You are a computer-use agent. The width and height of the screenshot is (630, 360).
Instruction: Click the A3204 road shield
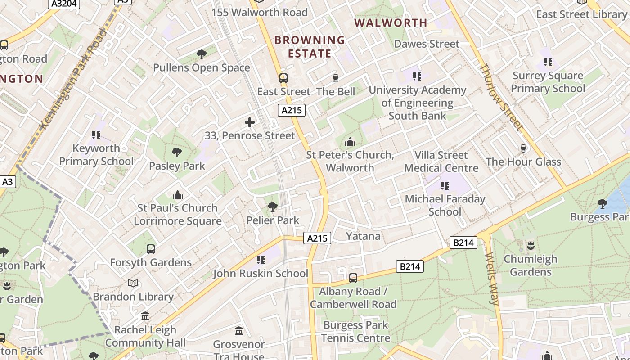[x=63, y=4]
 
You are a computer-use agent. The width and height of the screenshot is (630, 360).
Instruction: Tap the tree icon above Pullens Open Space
[x=202, y=54]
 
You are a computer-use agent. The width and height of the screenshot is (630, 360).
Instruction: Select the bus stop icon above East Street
[x=283, y=78]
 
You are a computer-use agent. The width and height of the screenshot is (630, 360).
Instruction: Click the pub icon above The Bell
[x=335, y=78]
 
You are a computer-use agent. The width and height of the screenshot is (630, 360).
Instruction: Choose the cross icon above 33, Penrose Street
[x=250, y=122]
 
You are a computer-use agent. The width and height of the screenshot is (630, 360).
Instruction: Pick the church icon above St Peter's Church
[x=350, y=142]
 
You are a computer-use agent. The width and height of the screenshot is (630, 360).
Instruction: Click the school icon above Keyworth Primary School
[x=96, y=135]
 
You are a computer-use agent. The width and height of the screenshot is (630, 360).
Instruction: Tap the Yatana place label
[x=363, y=236]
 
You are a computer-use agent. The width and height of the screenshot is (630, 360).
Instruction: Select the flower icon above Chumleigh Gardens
[x=531, y=246]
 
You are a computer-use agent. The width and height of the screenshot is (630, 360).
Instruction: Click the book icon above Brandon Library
[x=133, y=283]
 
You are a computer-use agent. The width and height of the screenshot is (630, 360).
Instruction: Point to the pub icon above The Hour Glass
[x=523, y=148]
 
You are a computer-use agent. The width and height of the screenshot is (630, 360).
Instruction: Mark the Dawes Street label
[x=427, y=44]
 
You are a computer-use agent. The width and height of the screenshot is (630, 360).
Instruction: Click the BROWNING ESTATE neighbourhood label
[x=310, y=47]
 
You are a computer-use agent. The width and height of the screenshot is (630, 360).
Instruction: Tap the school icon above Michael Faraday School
[x=445, y=186]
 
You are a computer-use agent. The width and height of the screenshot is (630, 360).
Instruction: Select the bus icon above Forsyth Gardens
[x=151, y=249]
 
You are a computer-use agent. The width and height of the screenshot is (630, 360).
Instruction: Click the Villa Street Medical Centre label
[x=441, y=162]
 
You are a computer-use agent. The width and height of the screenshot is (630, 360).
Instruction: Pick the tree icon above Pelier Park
[x=272, y=207]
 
